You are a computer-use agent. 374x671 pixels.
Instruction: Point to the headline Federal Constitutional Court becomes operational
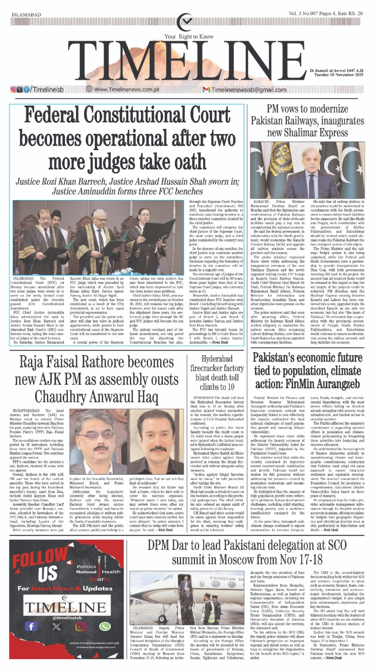pyautogui.click(x=127, y=138)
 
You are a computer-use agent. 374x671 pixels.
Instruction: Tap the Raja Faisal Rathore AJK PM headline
pyautogui.click(x=97, y=379)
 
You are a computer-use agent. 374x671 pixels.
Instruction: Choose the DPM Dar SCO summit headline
pyautogui.click(x=247, y=552)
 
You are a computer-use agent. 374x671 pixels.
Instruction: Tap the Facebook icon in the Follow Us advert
pyautogui.click(x=31, y=626)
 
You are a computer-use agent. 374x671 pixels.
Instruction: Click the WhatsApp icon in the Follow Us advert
pyautogui.click(x=104, y=626)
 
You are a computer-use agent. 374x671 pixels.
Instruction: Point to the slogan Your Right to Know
pyautogui.click(x=189, y=37)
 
